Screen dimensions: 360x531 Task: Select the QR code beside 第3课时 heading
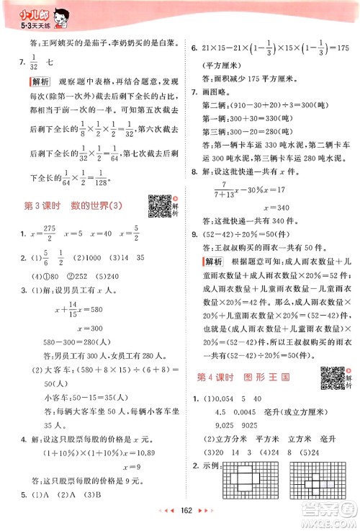click(x=158, y=206)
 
